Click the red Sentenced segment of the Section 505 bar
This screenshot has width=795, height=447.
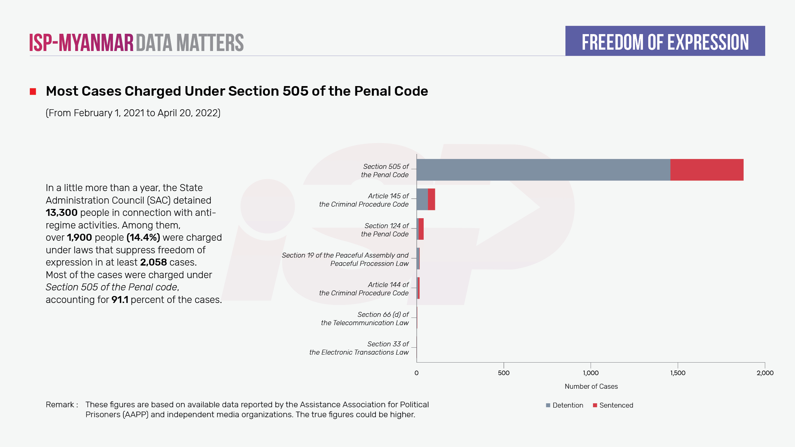click(707, 170)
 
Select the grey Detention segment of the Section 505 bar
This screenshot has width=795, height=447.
click(543, 170)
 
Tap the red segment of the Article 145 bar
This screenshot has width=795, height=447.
click(431, 199)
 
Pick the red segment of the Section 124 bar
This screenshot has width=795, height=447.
click(421, 229)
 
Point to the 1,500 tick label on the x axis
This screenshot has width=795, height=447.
click(678, 373)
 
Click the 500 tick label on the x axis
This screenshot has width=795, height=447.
click(503, 373)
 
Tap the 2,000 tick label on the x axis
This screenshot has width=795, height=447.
click(765, 373)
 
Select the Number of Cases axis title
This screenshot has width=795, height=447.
click(591, 386)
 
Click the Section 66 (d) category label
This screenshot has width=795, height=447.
click(365, 319)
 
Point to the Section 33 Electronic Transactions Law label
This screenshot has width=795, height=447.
click(359, 348)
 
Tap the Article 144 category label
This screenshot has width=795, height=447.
click(364, 289)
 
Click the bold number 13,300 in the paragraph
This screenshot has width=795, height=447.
click(62, 213)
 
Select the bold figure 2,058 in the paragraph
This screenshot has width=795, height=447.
click(153, 262)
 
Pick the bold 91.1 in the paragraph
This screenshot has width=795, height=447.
click(120, 300)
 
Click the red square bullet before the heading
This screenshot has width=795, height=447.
click(33, 91)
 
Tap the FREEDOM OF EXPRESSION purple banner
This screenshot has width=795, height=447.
click(665, 41)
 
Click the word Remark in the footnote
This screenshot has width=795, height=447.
click(60, 405)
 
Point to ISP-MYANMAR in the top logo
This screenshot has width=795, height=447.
click(81, 43)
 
